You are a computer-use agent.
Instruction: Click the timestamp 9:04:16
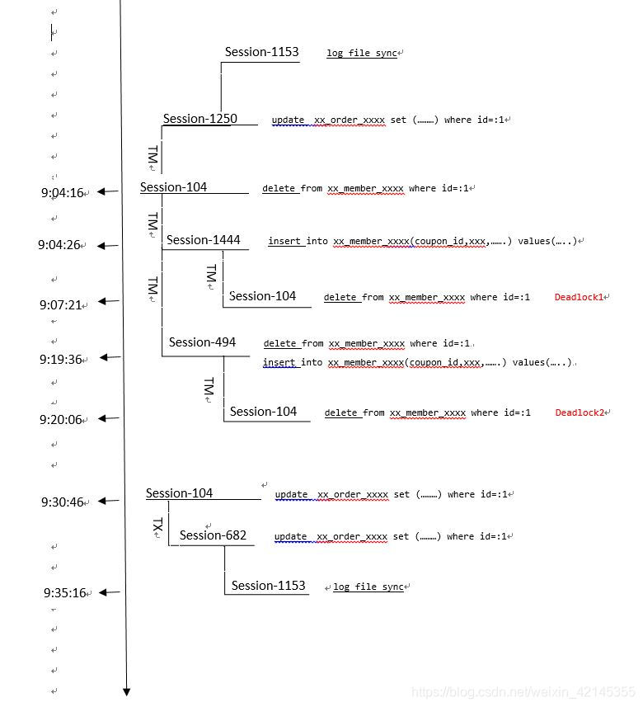pos(63,193)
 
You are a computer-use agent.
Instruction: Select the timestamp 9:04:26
pos(60,245)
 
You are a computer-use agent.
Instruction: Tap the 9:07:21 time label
pos(62,305)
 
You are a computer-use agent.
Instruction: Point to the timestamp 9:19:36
pos(62,360)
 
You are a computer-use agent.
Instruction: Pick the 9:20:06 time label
pos(62,420)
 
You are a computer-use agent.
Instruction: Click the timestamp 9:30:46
pos(63,502)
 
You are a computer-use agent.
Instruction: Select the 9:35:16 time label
pos(65,593)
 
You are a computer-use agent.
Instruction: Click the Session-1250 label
pos(199,119)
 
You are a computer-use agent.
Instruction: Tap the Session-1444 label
pos(204,240)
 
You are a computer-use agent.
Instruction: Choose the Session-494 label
pos(202,342)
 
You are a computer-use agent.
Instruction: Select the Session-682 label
pos(213,535)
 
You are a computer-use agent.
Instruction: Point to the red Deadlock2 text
pos(581,412)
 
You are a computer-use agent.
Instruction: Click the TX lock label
pos(158,528)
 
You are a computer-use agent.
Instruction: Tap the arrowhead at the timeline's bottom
pos(127,691)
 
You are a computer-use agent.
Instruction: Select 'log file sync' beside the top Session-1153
pos(362,53)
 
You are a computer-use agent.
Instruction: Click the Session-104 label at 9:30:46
pos(179,493)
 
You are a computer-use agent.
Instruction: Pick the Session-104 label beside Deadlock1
pos(263,296)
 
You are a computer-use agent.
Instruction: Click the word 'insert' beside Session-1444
pos(285,242)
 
